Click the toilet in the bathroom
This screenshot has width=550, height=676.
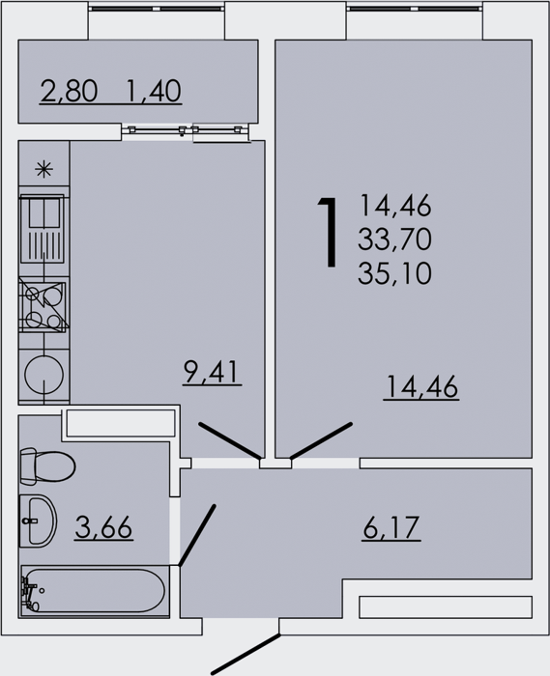click(x=47, y=465)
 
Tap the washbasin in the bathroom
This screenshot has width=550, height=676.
click(x=38, y=521)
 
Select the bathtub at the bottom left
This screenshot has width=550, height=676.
click(x=93, y=591)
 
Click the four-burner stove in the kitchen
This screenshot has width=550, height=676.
click(x=43, y=306)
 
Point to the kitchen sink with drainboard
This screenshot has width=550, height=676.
click(x=43, y=229)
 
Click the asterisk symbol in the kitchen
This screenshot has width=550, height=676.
click(x=44, y=169)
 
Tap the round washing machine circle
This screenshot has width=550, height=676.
click(x=44, y=375)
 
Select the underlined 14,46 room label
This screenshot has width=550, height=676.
click(x=421, y=386)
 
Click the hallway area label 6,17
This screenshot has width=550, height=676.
click(x=391, y=527)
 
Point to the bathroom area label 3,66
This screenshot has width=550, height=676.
click(x=103, y=527)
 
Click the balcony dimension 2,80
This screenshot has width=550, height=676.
click(x=69, y=91)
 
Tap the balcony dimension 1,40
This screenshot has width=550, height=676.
click(x=154, y=91)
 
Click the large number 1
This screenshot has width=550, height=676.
click(x=329, y=233)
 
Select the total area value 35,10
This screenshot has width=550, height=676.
click(x=394, y=273)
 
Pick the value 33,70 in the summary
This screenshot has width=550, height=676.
click(x=394, y=239)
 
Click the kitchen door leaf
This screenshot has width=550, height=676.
click(x=230, y=440)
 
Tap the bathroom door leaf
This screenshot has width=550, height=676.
click(x=197, y=535)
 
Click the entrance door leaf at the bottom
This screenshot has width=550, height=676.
click(x=246, y=654)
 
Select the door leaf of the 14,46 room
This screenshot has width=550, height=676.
click(x=321, y=440)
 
